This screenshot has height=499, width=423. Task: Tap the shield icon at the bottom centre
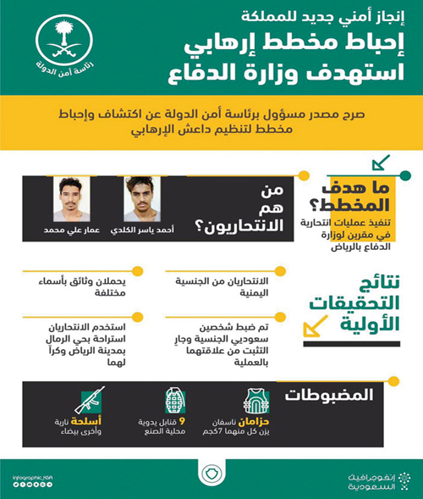tap(211, 471)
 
